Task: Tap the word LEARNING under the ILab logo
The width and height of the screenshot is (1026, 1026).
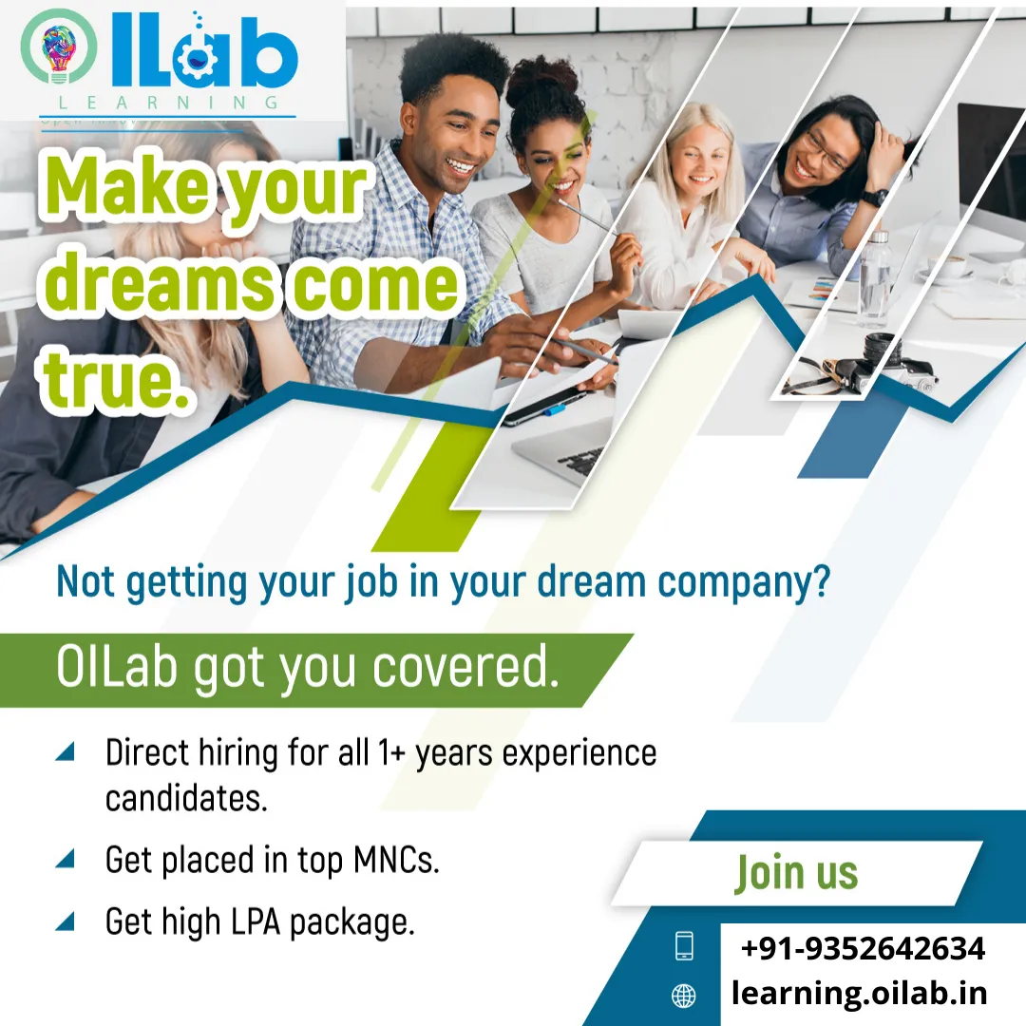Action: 169,103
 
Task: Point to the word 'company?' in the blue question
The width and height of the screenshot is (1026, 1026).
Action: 744,581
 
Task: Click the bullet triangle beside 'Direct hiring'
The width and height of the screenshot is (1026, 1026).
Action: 65,751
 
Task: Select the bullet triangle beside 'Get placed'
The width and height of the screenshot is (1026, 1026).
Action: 65,858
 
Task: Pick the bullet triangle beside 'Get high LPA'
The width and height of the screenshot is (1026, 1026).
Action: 65,921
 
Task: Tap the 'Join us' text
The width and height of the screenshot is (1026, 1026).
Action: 796,874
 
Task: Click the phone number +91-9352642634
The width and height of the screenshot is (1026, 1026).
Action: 863,948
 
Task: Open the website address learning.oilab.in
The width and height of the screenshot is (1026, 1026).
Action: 859,993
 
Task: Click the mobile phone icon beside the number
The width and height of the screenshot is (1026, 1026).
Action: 684,945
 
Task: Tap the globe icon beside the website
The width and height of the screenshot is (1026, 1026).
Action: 684,996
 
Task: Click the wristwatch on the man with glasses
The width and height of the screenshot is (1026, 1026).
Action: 874,197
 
